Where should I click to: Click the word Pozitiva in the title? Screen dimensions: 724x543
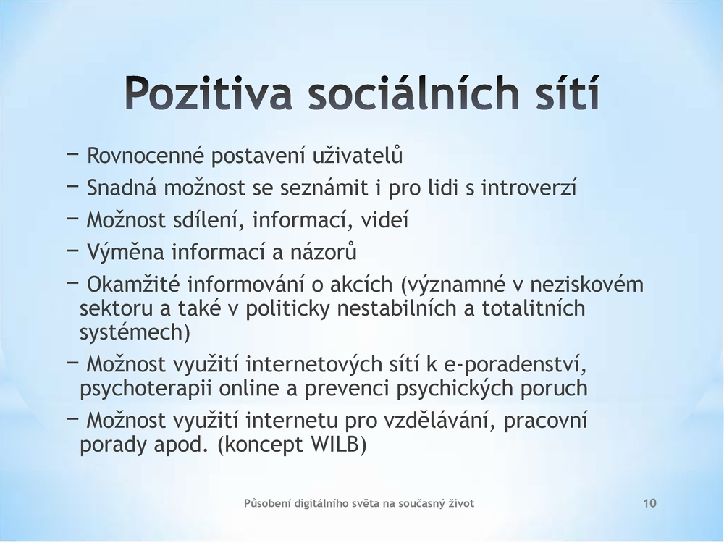[209, 93]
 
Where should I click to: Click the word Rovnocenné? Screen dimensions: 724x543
[146, 156]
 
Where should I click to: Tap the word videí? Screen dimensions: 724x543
[384, 220]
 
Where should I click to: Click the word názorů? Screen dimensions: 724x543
[324, 252]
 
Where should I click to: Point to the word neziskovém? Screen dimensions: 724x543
[586, 285]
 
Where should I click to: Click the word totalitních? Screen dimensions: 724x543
[534, 308]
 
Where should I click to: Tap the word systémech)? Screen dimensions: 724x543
[135, 333]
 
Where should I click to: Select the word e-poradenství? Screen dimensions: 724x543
[515, 364]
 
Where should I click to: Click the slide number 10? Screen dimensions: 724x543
[649, 503]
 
